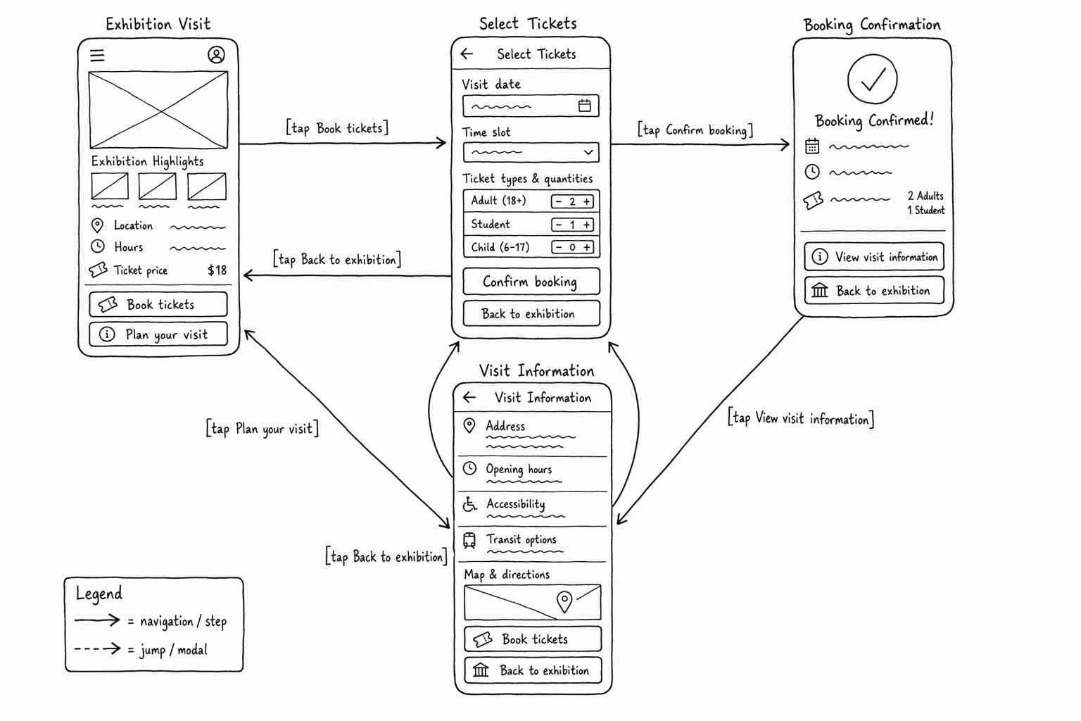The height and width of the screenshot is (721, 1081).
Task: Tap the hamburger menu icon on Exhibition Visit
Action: [x=97, y=56]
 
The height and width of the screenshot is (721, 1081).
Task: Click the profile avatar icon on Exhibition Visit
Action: [x=216, y=55]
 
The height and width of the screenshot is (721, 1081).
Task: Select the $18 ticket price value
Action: [x=217, y=270]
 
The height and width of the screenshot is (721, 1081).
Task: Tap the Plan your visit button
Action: [x=158, y=334]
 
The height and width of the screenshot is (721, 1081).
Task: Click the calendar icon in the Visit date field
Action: [x=584, y=106]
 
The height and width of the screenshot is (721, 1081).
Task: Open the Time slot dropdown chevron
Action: [x=588, y=153]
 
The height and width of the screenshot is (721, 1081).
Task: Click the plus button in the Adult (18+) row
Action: [x=587, y=201]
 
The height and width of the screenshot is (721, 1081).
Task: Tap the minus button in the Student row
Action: [x=559, y=225]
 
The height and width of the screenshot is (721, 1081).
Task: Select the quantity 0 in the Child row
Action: [x=572, y=248]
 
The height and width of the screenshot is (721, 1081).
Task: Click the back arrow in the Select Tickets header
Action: [x=467, y=54]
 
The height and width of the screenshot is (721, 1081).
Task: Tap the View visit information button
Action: [x=874, y=256]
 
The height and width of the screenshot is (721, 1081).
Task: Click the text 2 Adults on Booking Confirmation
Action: [x=925, y=196]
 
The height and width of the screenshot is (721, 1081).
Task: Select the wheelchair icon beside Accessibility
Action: [x=469, y=503]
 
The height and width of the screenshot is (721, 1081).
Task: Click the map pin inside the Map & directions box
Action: [x=564, y=602]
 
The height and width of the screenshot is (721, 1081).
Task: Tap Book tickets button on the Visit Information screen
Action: [x=533, y=639]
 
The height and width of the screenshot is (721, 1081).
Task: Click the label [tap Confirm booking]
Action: [x=695, y=130]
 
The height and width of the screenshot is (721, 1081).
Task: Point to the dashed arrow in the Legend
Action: [x=98, y=648]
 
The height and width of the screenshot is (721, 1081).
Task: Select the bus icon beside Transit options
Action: [x=469, y=540]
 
